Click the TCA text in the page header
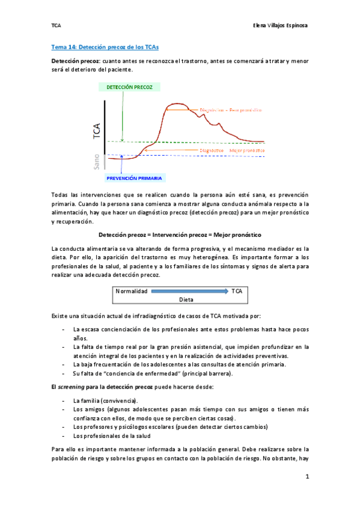click(x=55, y=26)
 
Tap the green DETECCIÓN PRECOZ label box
click(x=129, y=87)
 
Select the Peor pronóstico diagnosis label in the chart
click(x=226, y=110)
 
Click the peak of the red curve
click(x=175, y=104)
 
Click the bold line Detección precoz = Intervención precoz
click(x=180, y=234)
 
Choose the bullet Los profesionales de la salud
click(x=112, y=435)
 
